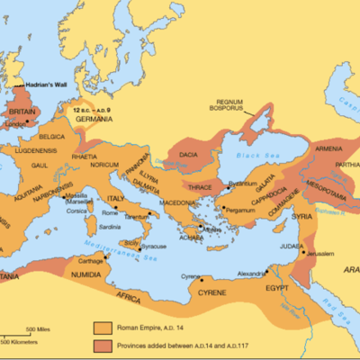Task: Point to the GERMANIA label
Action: coord(94,119)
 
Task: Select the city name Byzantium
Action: coord(244,184)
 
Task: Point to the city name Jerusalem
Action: coord(329,255)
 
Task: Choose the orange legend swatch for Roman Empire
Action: coord(103,328)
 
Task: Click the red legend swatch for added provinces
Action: coord(103,346)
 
